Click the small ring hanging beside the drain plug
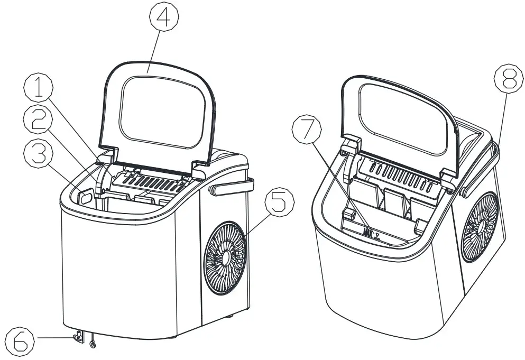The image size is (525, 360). tap(93, 345)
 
